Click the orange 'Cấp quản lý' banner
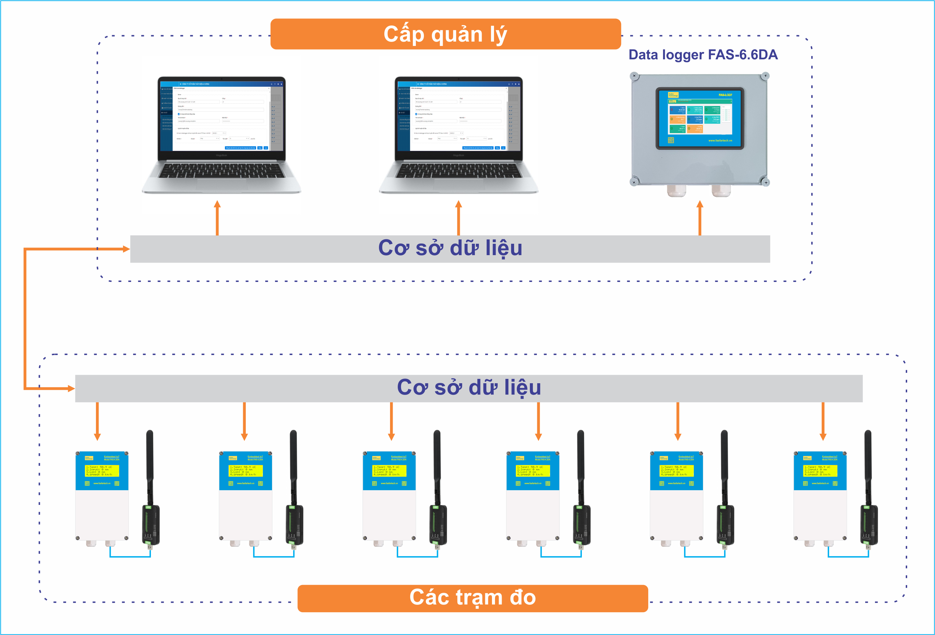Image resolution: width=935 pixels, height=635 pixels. pyautogui.click(x=445, y=34)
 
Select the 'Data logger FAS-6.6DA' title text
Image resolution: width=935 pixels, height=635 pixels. pyautogui.click(x=703, y=55)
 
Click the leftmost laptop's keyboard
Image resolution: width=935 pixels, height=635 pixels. pyautogui.click(x=221, y=171)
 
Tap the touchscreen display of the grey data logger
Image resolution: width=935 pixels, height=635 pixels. pyautogui.click(x=700, y=118)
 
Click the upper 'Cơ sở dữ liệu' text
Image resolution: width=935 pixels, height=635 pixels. pyautogui.click(x=450, y=248)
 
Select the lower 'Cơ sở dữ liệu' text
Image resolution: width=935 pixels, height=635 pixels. pyautogui.click(x=469, y=388)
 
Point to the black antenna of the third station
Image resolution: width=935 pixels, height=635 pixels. pyautogui.click(x=437, y=466)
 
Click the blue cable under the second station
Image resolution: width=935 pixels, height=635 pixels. pyautogui.click(x=274, y=557)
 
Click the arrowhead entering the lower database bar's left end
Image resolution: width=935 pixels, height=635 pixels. pyautogui.click(x=71, y=389)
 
